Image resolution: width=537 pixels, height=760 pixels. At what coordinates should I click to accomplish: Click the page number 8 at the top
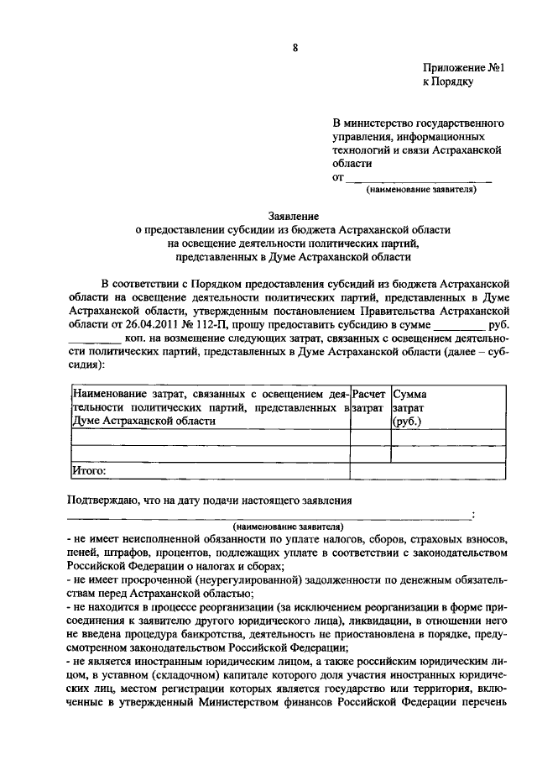pos(294,47)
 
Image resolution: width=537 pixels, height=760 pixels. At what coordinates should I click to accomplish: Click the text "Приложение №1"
pos(461,68)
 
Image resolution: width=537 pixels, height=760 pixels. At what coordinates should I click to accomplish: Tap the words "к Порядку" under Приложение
pos(447,82)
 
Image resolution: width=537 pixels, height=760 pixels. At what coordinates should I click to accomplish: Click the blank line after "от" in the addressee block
pos(419,178)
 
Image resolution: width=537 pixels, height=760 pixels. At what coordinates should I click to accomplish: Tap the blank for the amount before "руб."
pos(458,325)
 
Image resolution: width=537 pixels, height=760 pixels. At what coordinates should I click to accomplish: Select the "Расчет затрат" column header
pos(369,400)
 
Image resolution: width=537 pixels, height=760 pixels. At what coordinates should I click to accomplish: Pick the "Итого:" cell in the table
pos(88,471)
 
